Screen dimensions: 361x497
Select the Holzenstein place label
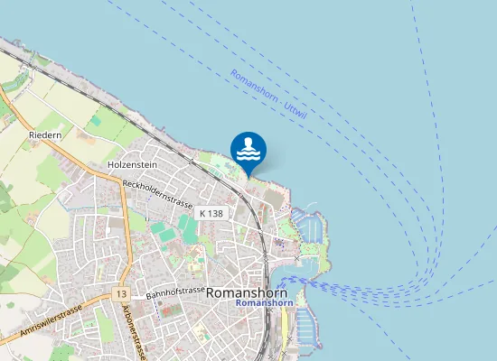click(133, 165)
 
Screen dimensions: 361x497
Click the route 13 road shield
click(121, 295)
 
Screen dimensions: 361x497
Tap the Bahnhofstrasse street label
click(175, 292)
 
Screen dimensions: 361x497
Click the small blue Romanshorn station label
click(259, 304)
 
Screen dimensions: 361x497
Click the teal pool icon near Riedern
click(95, 120)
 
